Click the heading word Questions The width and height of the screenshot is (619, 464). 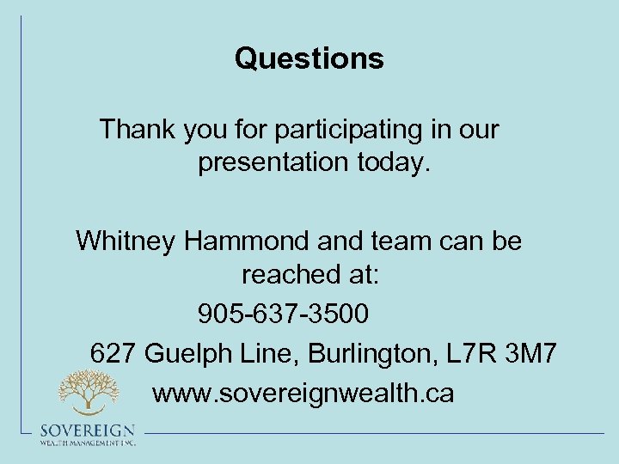[309, 59]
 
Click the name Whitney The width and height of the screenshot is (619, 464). [126, 241]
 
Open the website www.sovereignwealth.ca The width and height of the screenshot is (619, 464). [303, 393]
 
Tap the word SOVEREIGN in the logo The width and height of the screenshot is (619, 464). [87, 430]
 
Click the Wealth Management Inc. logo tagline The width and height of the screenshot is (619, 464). [87, 443]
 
